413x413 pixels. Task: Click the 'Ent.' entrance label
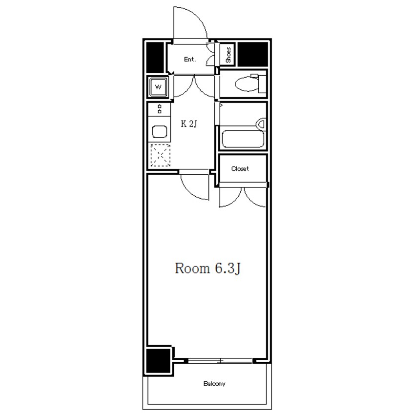tap(189, 60)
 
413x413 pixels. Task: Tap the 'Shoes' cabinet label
tap(228, 55)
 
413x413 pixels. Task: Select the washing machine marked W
tap(158, 87)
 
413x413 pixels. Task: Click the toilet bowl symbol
tap(247, 84)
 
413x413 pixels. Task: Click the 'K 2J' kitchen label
tap(189, 124)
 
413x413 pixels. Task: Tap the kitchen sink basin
tap(159, 132)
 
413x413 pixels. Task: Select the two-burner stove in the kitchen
tap(159, 109)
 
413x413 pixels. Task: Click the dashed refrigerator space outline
tap(160, 155)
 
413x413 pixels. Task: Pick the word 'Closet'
tap(240, 168)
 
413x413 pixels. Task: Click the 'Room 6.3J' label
tap(207, 268)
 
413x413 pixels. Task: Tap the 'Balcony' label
tap(214, 384)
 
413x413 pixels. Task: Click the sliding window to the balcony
tap(220, 361)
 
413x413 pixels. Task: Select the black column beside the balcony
tap(158, 361)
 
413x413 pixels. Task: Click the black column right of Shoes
tap(253, 54)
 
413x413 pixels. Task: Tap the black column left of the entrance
tap(155, 57)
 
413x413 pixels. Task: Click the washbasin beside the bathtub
tap(261, 124)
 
